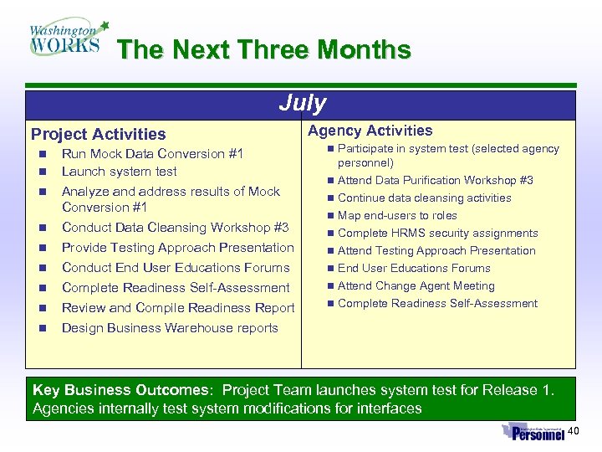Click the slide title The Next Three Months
(x=264, y=50)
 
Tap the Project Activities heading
(x=98, y=134)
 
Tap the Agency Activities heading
(x=370, y=131)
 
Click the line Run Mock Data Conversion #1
(x=152, y=154)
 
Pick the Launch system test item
(x=119, y=172)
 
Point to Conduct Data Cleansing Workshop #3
(x=175, y=228)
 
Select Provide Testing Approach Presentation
(x=177, y=248)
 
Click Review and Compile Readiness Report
(x=178, y=308)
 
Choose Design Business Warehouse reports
(x=170, y=328)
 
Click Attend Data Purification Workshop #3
(x=435, y=181)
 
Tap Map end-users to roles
(x=397, y=216)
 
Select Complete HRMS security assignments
(x=437, y=234)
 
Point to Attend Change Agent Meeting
(x=416, y=286)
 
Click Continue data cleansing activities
(x=424, y=198)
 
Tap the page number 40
(x=573, y=431)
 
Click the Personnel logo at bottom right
(x=533, y=433)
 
